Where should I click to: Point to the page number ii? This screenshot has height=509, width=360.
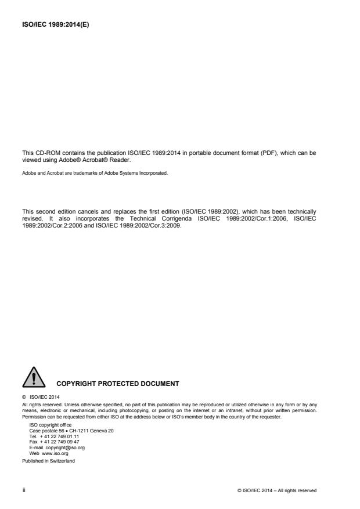coord(24,490)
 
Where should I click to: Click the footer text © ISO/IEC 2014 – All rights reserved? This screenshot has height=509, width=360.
coord(276,490)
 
